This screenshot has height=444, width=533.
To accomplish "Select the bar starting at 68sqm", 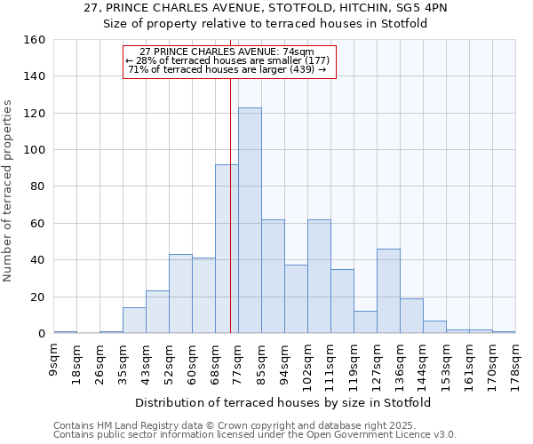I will coord(227,249).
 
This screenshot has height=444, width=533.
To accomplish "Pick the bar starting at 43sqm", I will coord(157,312).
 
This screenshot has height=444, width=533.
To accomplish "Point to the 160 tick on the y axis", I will coord(36,40).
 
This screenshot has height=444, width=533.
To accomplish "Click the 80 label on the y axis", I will coord(36,187).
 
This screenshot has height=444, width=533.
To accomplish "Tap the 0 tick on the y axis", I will coord(41,334).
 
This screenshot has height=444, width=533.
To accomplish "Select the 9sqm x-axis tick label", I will coord(54,360).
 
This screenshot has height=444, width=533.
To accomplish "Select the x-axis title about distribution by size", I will coord(284,402).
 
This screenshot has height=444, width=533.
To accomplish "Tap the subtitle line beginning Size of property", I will coord(266,24).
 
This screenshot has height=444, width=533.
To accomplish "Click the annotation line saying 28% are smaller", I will coord(227,60).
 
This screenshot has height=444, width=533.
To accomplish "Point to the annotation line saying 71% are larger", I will coord(227,69).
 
